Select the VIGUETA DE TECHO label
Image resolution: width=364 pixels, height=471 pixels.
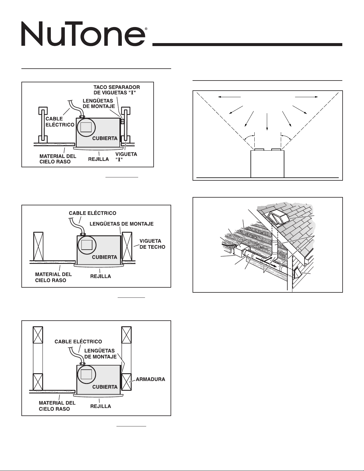coord(152,244)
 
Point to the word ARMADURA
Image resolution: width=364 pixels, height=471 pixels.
coord(150,379)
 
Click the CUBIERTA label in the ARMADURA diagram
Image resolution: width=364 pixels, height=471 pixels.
coord(105,387)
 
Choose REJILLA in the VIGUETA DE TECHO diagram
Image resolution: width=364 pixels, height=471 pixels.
coord(100,276)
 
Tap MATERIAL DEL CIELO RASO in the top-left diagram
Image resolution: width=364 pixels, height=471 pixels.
coord(58,159)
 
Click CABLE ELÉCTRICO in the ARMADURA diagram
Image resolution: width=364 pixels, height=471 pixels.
coord(78,342)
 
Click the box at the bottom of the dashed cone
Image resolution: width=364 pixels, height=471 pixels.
coord(267,164)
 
